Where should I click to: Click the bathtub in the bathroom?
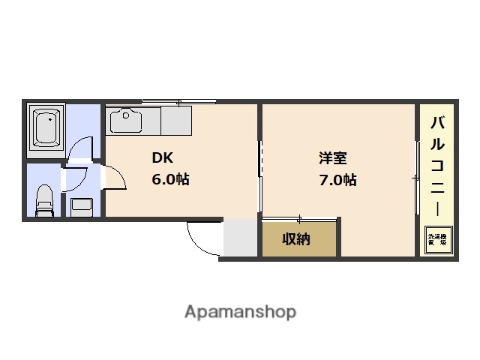click(46, 129)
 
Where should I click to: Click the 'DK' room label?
click(163, 159)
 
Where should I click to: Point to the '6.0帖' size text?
click(171, 180)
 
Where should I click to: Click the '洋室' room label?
click(332, 159)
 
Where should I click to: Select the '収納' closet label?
click(296, 239)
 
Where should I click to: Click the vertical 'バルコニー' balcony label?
click(436, 165)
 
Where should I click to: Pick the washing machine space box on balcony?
click(437, 240)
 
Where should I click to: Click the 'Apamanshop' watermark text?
click(240, 311)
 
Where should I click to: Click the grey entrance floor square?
click(241, 238)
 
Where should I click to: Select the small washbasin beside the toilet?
click(81, 205)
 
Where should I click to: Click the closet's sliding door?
click(299, 218)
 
